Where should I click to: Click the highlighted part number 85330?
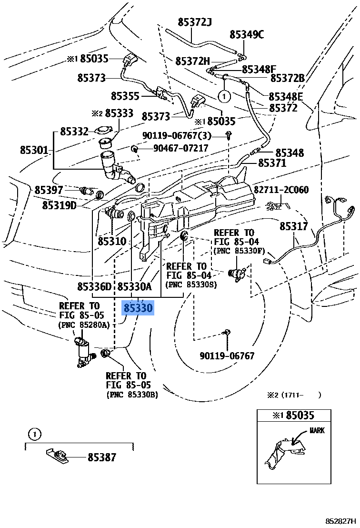pos(138,308)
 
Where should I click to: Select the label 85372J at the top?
pos(194,22)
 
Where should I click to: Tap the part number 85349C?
pos(246,34)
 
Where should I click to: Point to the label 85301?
pos(34,150)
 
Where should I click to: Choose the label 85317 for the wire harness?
pos(293,226)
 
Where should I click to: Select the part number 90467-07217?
pos(180,148)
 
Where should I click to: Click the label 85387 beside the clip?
pos(101,457)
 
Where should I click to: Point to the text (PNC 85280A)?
pos(84,325)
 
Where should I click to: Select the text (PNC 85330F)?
pos(239,250)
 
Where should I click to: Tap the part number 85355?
pos(125,96)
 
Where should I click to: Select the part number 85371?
pos(272,163)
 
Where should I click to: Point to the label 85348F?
pos(259,70)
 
